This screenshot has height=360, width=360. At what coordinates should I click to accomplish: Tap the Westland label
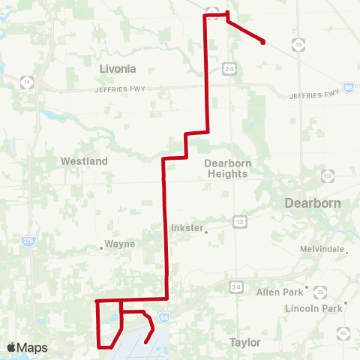point(84,161)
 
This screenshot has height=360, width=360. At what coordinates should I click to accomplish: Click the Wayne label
point(120,244)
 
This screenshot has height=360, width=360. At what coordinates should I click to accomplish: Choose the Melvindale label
point(324,249)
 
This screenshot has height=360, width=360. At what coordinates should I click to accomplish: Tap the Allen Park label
point(279,292)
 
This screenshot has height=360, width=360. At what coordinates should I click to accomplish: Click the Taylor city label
point(244,343)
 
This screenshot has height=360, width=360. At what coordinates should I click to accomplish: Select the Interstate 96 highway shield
point(349,88)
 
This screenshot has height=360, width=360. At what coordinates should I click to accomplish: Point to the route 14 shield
point(28,81)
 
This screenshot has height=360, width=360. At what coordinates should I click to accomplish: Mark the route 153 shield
point(327,175)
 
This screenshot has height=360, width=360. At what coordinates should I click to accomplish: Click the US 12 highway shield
point(239,220)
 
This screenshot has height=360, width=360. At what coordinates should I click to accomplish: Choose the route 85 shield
point(343,332)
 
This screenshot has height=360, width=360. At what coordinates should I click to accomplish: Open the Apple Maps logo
point(27,348)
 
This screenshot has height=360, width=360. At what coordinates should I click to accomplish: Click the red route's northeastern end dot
point(263,43)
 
